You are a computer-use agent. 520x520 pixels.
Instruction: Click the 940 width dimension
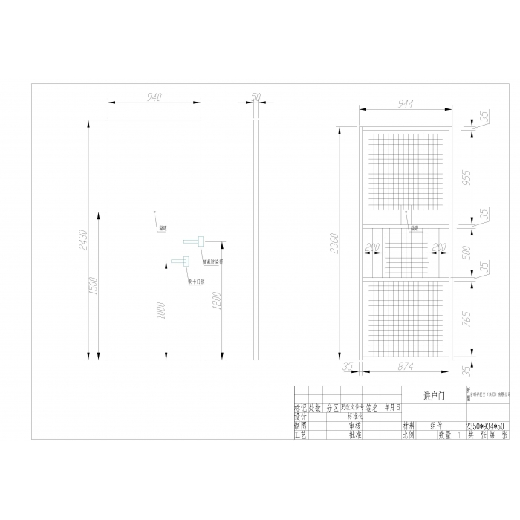pos(154,97)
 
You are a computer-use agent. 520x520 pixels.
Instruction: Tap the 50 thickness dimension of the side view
pos(256,97)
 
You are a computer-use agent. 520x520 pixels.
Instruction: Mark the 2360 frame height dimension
pos(335,244)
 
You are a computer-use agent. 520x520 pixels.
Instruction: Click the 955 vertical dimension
pos(467,178)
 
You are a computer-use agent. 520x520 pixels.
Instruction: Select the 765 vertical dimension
pos(467,319)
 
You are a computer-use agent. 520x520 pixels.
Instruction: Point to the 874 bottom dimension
pos(406,365)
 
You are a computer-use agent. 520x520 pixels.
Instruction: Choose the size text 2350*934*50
pos(487,427)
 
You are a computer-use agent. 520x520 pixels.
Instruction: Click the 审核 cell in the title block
pos(354,427)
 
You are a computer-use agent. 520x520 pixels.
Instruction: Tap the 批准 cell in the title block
pos(354,436)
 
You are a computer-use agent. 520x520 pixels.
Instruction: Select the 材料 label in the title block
pos(409,427)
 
